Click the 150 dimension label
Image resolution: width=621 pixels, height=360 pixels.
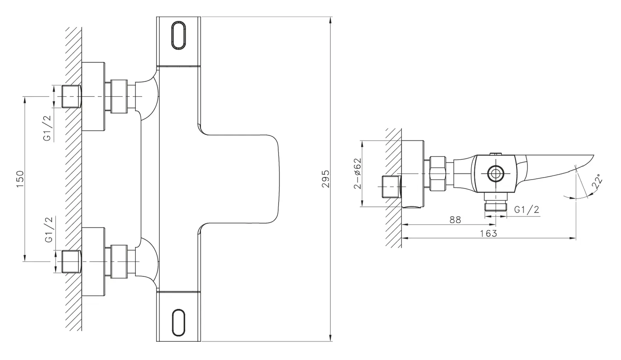coord(20,179)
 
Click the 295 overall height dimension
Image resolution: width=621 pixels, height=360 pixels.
coord(326,179)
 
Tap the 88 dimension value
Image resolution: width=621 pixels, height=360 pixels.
coord(455,220)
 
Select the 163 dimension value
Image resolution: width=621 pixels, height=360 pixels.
coord(489,234)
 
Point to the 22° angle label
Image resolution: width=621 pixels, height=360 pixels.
coord(597,182)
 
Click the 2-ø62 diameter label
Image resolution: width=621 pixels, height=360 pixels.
coord(358,173)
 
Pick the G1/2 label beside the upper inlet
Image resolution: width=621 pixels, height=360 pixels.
coord(48,128)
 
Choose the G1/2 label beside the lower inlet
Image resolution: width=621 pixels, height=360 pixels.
coord(49,230)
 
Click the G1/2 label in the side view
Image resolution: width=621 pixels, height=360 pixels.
coord(527,209)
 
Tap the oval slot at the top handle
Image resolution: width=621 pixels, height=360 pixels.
coord(178,36)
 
